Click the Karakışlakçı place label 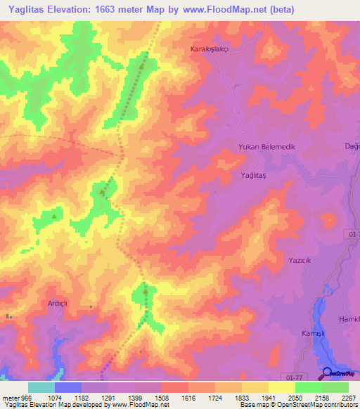[211, 50]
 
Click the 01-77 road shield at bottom [299, 377]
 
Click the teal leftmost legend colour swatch [41, 387]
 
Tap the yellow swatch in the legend [281, 387]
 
